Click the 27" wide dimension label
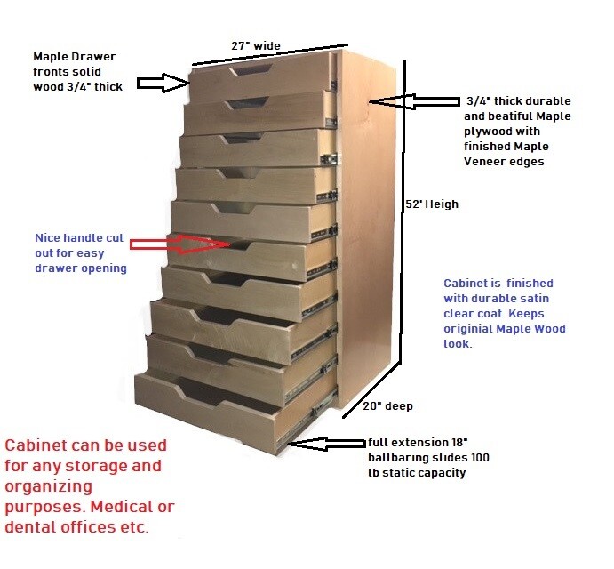(256, 46)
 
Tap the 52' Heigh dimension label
(432, 204)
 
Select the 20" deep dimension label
(387, 406)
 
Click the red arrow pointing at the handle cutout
(180, 244)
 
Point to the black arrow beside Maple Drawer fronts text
(163, 83)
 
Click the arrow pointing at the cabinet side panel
(414, 102)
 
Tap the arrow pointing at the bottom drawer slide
(327, 444)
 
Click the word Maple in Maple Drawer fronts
(51, 57)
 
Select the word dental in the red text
(29, 526)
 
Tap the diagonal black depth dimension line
(371, 391)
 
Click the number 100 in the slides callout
(480, 458)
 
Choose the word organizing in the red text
(49, 487)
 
